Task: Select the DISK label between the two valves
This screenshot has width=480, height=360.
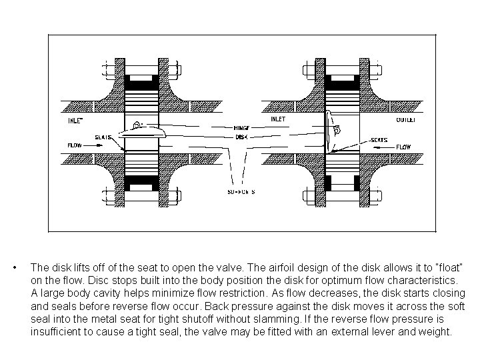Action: [x=241, y=137]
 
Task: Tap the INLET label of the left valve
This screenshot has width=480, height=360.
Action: [x=75, y=121]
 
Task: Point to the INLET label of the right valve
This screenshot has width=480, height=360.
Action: [x=278, y=119]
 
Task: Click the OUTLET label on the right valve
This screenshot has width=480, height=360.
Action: [x=406, y=120]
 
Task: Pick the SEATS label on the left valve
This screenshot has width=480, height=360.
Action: [x=102, y=137]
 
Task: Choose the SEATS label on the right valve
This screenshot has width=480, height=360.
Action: [x=379, y=140]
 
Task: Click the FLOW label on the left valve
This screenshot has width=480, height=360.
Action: [x=75, y=145]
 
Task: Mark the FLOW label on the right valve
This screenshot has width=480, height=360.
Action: [x=404, y=147]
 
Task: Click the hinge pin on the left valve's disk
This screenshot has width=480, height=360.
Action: [x=137, y=125]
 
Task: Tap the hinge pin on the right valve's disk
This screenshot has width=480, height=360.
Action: [x=337, y=129]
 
